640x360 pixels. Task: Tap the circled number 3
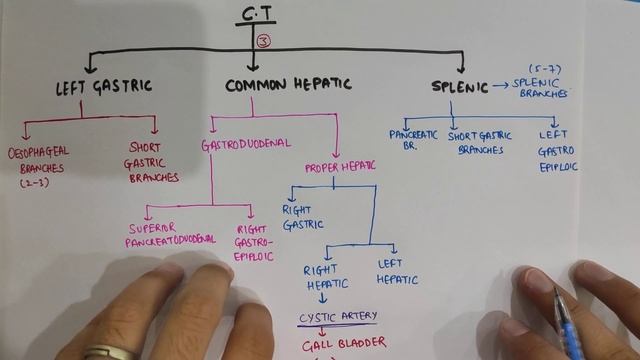pos(263,41)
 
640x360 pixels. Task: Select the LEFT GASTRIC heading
pos(104,86)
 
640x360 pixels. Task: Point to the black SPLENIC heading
pos(459,87)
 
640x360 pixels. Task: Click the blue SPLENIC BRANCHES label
pos(541,89)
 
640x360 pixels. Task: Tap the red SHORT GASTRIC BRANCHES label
pos(153,162)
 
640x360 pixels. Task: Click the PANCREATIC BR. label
pos(409,139)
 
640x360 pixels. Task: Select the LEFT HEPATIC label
pos(397,272)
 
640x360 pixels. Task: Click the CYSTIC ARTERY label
pos(338,318)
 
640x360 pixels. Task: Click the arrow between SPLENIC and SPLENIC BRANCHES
pos(499,87)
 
